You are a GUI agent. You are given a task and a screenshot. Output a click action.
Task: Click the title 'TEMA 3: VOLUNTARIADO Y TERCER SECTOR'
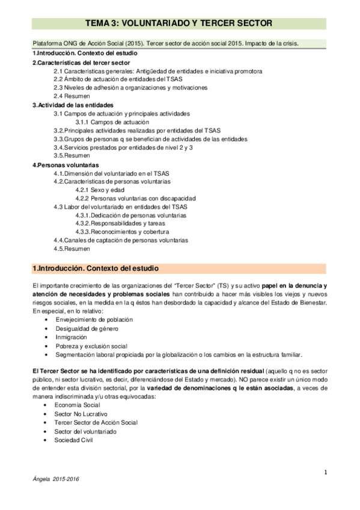point(180,23)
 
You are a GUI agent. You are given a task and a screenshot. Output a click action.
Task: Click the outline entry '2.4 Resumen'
point(72,96)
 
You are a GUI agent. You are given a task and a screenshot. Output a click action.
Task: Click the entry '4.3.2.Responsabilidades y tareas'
point(123,223)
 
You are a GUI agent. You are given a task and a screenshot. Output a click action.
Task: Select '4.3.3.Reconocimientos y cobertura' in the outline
point(122,232)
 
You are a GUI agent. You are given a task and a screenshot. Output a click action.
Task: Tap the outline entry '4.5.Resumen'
point(72,248)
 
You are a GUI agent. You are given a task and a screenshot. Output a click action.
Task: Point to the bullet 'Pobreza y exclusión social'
point(91,346)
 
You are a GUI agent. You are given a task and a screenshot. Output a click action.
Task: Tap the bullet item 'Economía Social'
point(78,406)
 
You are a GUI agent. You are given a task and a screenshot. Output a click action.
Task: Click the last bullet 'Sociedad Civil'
point(75,440)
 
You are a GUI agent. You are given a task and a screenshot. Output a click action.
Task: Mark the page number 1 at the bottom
point(325,472)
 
